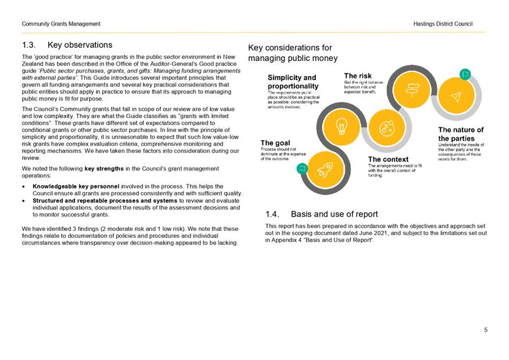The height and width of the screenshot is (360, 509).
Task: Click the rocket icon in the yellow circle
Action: [324, 170]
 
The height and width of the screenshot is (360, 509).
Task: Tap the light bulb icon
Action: [343, 126]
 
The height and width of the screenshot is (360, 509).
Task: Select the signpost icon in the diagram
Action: [412, 88]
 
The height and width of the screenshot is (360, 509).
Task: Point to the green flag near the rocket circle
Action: [301, 169]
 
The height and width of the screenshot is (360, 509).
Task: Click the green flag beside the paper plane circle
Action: [465, 74]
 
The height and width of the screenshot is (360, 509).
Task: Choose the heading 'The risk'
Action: [358, 76]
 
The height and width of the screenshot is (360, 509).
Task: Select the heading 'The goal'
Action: [275, 142]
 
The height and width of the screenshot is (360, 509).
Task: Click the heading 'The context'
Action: [388, 159]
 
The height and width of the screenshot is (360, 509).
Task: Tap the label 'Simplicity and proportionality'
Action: [293, 81]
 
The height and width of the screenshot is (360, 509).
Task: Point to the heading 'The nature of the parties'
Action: [461, 134]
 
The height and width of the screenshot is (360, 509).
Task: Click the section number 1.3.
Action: [30, 45]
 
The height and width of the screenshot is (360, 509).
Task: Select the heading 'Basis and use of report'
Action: [334, 214]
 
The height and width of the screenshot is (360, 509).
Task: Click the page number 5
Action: [486, 330]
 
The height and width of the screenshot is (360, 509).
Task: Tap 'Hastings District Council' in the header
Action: [443, 24]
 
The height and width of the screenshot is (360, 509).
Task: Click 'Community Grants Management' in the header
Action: [61, 24]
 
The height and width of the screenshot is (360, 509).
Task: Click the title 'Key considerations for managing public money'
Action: [293, 53]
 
